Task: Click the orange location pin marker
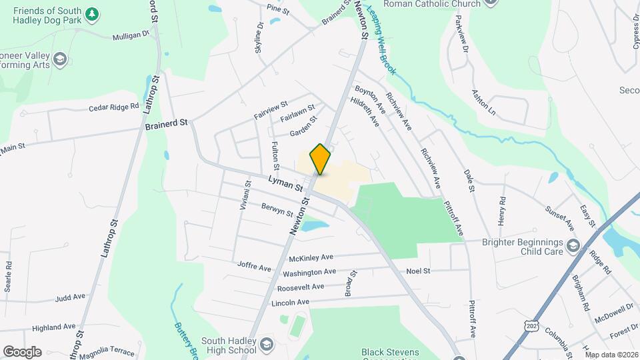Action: tap(321, 159)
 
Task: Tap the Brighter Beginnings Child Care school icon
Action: tap(573, 247)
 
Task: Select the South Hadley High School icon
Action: tap(266, 344)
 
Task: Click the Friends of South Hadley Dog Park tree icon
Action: tap(93, 13)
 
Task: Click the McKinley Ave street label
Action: tap(311, 258)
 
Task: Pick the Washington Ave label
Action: tap(309, 272)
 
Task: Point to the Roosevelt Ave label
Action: tap(301, 287)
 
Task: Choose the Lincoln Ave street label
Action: tap(291, 302)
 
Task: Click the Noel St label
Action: tap(419, 271)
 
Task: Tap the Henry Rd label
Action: tap(502, 210)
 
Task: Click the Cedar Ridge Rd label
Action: tap(114, 107)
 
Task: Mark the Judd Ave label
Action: tap(71, 297)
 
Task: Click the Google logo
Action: tap(22, 352)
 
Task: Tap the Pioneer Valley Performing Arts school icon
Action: tap(60, 60)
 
